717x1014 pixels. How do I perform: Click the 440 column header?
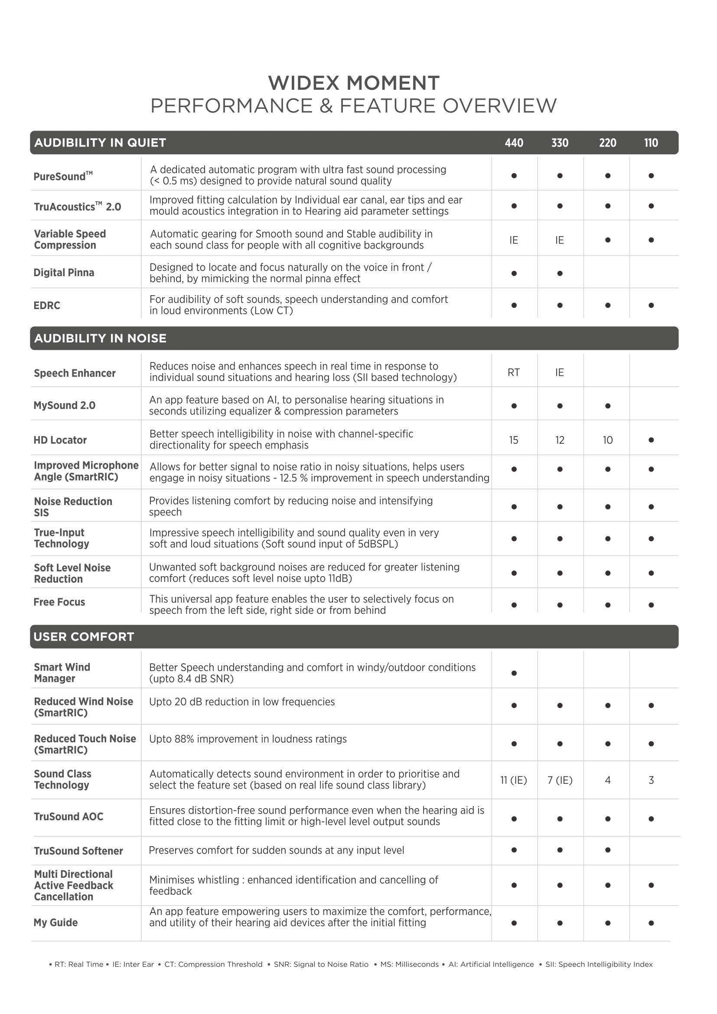click(x=514, y=143)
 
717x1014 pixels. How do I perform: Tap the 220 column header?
click(x=607, y=143)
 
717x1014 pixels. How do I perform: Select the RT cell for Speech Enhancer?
click(x=513, y=372)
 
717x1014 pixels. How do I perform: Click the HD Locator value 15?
click(x=513, y=440)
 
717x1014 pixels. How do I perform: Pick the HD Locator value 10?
click(x=607, y=440)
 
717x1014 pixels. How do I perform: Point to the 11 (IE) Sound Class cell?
click(x=513, y=780)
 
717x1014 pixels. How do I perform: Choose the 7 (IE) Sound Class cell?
click(x=560, y=780)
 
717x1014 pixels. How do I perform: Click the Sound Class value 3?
click(x=651, y=780)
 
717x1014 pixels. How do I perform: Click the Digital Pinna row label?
click(x=64, y=273)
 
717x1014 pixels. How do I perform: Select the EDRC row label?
click(x=47, y=305)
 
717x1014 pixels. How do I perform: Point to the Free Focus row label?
click(x=59, y=602)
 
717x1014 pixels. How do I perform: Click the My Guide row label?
click(x=55, y=922)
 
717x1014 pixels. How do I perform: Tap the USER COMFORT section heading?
click(x=84, y=636)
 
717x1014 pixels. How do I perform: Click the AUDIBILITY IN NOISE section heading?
click(x=100, y=338)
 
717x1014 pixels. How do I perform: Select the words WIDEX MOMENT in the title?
click(x=354, y=83)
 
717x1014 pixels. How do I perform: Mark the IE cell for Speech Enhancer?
click(x=559, y=372)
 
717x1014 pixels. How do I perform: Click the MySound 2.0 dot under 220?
click(x=607, y=406)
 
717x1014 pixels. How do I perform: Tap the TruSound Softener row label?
click(x=78, y=851)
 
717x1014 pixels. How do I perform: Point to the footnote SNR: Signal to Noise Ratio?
click(x=321, y=964)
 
